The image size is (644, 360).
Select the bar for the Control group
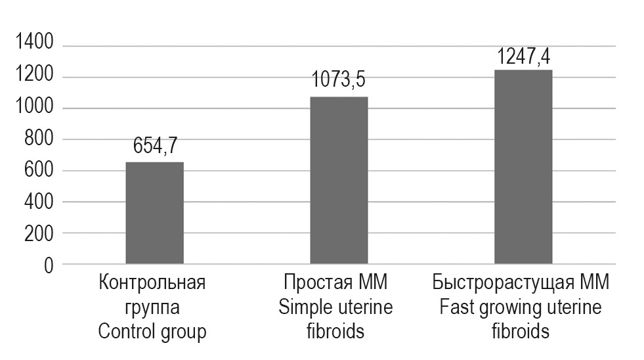tap(154, 214)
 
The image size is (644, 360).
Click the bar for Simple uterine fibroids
tap(339, 181)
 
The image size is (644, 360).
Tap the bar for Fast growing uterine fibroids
tap(523, 167)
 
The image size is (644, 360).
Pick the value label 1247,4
tap(523, 55)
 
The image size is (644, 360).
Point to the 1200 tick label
tap(33, 77)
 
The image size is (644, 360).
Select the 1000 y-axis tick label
tap(33, 108)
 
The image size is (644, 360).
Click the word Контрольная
tap(152, 284)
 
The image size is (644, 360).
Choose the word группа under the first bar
tap(152, 308)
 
